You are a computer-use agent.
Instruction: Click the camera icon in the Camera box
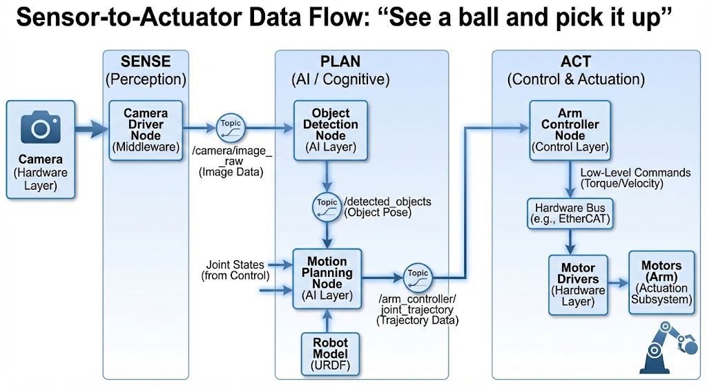[x=41, y=128]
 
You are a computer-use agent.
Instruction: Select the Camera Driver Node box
[x=145, y=130]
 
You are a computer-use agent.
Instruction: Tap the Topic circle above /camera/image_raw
[x=230, y=127]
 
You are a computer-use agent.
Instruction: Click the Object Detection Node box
[x=331, y=129]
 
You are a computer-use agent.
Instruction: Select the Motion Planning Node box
[x=327, y=278]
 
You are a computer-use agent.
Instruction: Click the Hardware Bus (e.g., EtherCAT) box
[x=570, y=213]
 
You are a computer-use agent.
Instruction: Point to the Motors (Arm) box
[x=661, y=282]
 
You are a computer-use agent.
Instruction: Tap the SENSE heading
[x=145, y=62]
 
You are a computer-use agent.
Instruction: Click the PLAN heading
[x=340, y=62]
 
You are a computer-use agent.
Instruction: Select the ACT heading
[x=575, y=62]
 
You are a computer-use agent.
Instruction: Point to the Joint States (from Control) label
[x=235, y=270]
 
